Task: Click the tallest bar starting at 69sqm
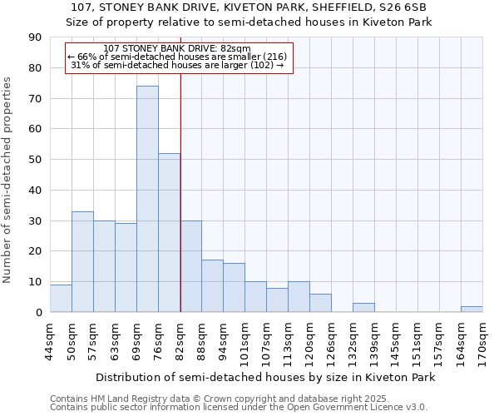point(147,199)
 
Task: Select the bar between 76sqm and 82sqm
point(169,232)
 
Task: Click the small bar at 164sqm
point(472,310)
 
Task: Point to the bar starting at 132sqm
point(363,308)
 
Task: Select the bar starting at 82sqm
point(190,266)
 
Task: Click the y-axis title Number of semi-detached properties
point(8,180)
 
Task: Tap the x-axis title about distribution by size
point(265,377)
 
